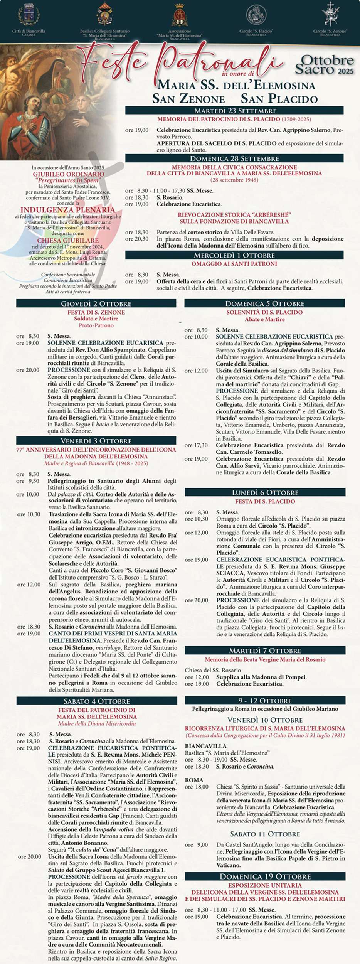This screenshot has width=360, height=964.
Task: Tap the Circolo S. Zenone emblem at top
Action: point(330,15)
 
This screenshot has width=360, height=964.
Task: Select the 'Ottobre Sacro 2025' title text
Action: point(325,65)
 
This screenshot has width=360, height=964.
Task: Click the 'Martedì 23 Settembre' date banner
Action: point(234,111)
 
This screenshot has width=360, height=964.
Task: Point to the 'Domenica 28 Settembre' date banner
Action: point(234,158)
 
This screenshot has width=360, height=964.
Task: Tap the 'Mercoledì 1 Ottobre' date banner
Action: point(234,255)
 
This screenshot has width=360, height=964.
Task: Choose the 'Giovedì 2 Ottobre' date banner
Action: point(96,304)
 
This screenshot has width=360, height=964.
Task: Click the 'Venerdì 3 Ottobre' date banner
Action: point(96,441)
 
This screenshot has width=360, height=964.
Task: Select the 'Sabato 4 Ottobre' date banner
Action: point(97,701)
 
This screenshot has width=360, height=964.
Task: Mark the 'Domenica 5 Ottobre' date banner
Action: point(265,304)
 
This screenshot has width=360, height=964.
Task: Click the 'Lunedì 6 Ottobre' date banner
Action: point(265,492)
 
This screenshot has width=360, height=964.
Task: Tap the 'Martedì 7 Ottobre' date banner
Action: point(265,651)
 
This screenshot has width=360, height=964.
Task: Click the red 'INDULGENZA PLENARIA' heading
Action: point(68,210)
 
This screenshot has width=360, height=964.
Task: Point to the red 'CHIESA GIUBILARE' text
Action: point(68,240)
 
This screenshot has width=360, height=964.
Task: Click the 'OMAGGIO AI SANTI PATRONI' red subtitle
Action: point(234,264)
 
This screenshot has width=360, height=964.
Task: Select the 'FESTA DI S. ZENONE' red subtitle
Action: point(96,312)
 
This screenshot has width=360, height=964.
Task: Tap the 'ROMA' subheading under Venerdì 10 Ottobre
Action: point(193,780)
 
